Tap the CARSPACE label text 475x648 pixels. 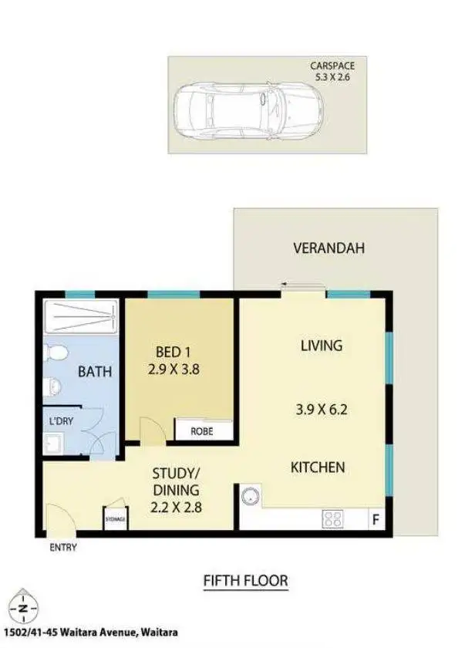pyautogui.click(x=332, y=66)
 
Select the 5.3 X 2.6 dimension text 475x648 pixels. pyautogui.click(x=332, y=77)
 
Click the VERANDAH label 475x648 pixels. pyautogui.click(x=328, y=248)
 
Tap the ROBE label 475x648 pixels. pyautogui.click(x=201, y=432)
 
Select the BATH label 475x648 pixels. pyautogui.click(x=95, y=372)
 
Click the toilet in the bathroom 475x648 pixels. pyautogui.click(x=56, y=353)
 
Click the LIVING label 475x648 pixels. pyautogui.click(x=321, y=346)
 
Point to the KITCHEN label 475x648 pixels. pyautogui.click(x=317, y=467)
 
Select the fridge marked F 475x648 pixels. pyautogui.click(x=376, y=520)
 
